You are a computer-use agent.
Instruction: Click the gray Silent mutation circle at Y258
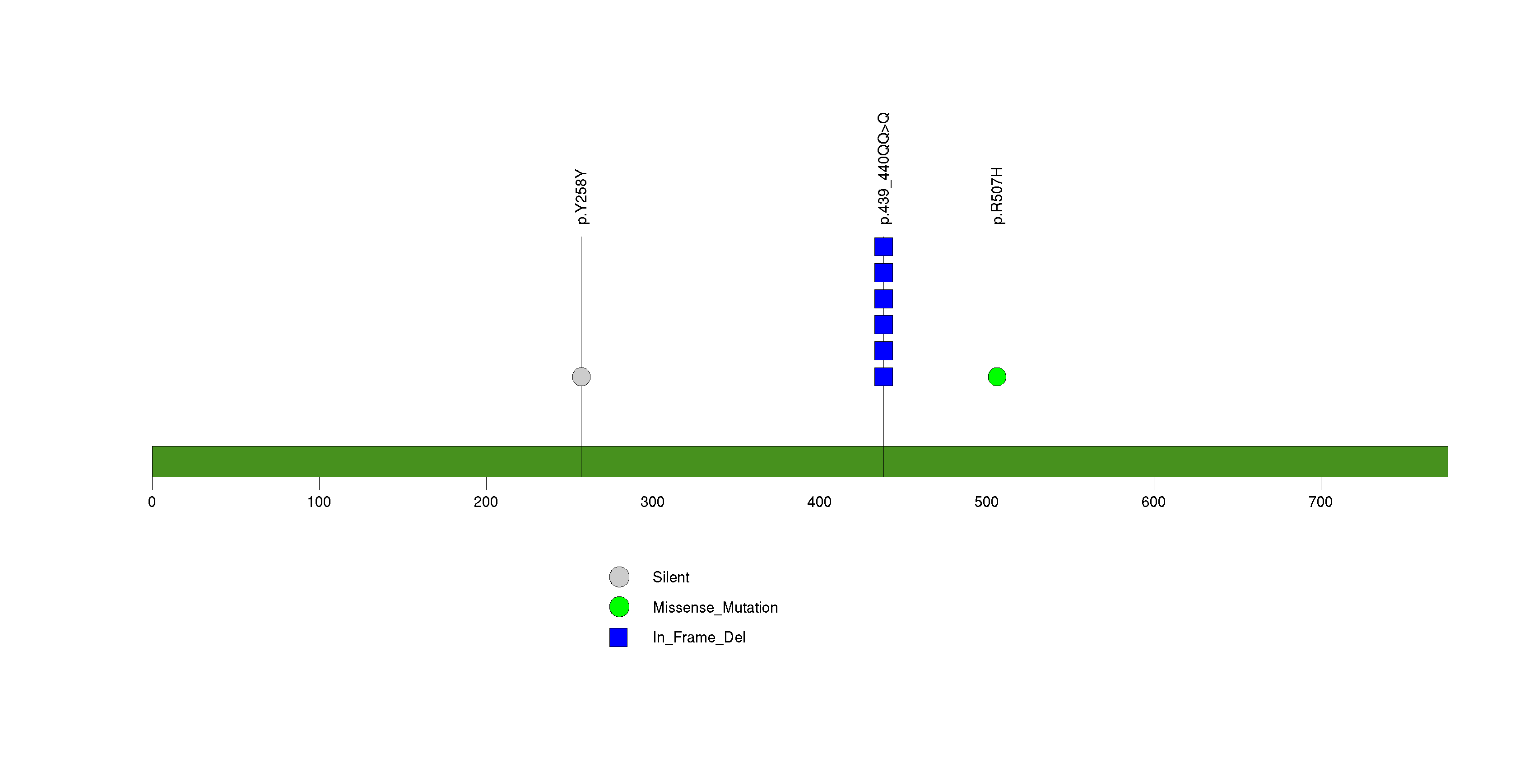(581, 377)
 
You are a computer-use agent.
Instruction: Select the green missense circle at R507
(997, 377)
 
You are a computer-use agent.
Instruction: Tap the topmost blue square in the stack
(883, 247)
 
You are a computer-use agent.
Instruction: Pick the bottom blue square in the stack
(883, 377)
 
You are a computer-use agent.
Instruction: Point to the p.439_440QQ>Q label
(884, 168)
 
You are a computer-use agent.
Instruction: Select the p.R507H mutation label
(998, 196)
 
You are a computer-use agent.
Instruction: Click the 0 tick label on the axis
(152, 502)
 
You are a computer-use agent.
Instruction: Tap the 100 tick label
(319, 502)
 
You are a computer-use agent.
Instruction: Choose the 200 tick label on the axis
(486, 502)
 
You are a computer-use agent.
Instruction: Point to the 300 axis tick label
(653, 502)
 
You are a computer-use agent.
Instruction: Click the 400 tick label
(819, 502)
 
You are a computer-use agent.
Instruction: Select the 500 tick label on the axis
(986, 502)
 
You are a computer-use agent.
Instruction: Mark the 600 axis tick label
(1153, 502)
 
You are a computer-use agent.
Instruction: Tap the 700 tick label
(1320, 502)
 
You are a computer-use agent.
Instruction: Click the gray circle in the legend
(619, 577)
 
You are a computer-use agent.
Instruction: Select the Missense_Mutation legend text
(715, 607)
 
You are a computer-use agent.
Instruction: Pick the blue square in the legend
(618, 637)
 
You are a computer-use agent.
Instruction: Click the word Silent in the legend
(671, 577)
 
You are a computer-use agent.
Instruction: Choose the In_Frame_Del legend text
(699, 637)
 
